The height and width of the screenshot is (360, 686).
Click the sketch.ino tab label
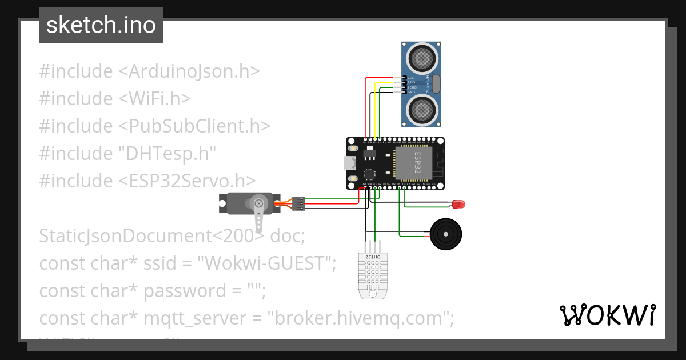101,25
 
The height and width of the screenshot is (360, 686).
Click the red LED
458,204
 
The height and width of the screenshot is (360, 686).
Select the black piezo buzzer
446,234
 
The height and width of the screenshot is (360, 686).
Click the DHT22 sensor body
372,274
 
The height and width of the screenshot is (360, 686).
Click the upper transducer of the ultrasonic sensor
422,57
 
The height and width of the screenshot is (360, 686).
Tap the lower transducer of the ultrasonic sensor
422,108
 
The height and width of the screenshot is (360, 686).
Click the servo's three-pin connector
298,204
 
